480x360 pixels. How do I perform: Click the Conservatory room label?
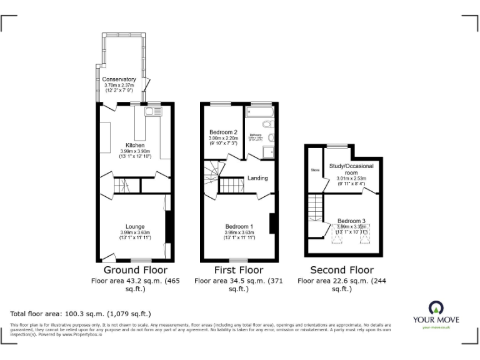[x=119, y=79]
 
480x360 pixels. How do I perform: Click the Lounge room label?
[x=135, y=226]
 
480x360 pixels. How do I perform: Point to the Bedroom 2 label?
[x=222, y=132]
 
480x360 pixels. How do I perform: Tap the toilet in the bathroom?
[x=271, y=137]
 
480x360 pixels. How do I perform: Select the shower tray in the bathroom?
[x=269, y=152]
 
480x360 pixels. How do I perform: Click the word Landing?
[x=257, y=178]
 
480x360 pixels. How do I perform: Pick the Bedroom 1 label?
[x=239, y=226]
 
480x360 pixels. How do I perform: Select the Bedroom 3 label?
[x=351, y=221]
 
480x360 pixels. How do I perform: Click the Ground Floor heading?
[x=135, y=270]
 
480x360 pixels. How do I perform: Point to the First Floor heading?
[x=239, y=270]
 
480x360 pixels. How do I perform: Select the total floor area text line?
[x=81, y=313]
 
